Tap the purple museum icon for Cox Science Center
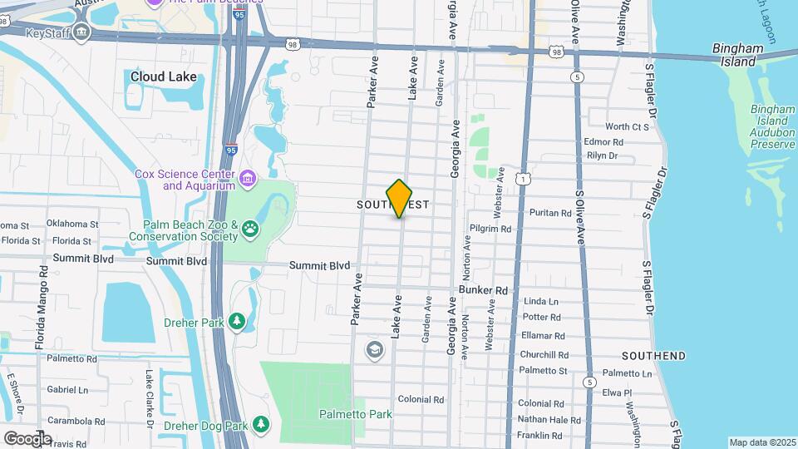tap(247, 179)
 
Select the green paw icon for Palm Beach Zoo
tap(250, 230)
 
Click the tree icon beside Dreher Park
tap(237, 321)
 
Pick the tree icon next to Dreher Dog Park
tap(261, 426)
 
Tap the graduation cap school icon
tap(375, 350)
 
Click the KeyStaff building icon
tap(81, 33)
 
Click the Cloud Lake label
tap(164, 77)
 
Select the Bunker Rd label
tap(483, 290)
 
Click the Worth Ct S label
tap(627, 127)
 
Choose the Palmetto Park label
tap(355, 414)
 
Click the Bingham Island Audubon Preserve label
tap(773, 127)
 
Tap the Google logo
tap(27, 438)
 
